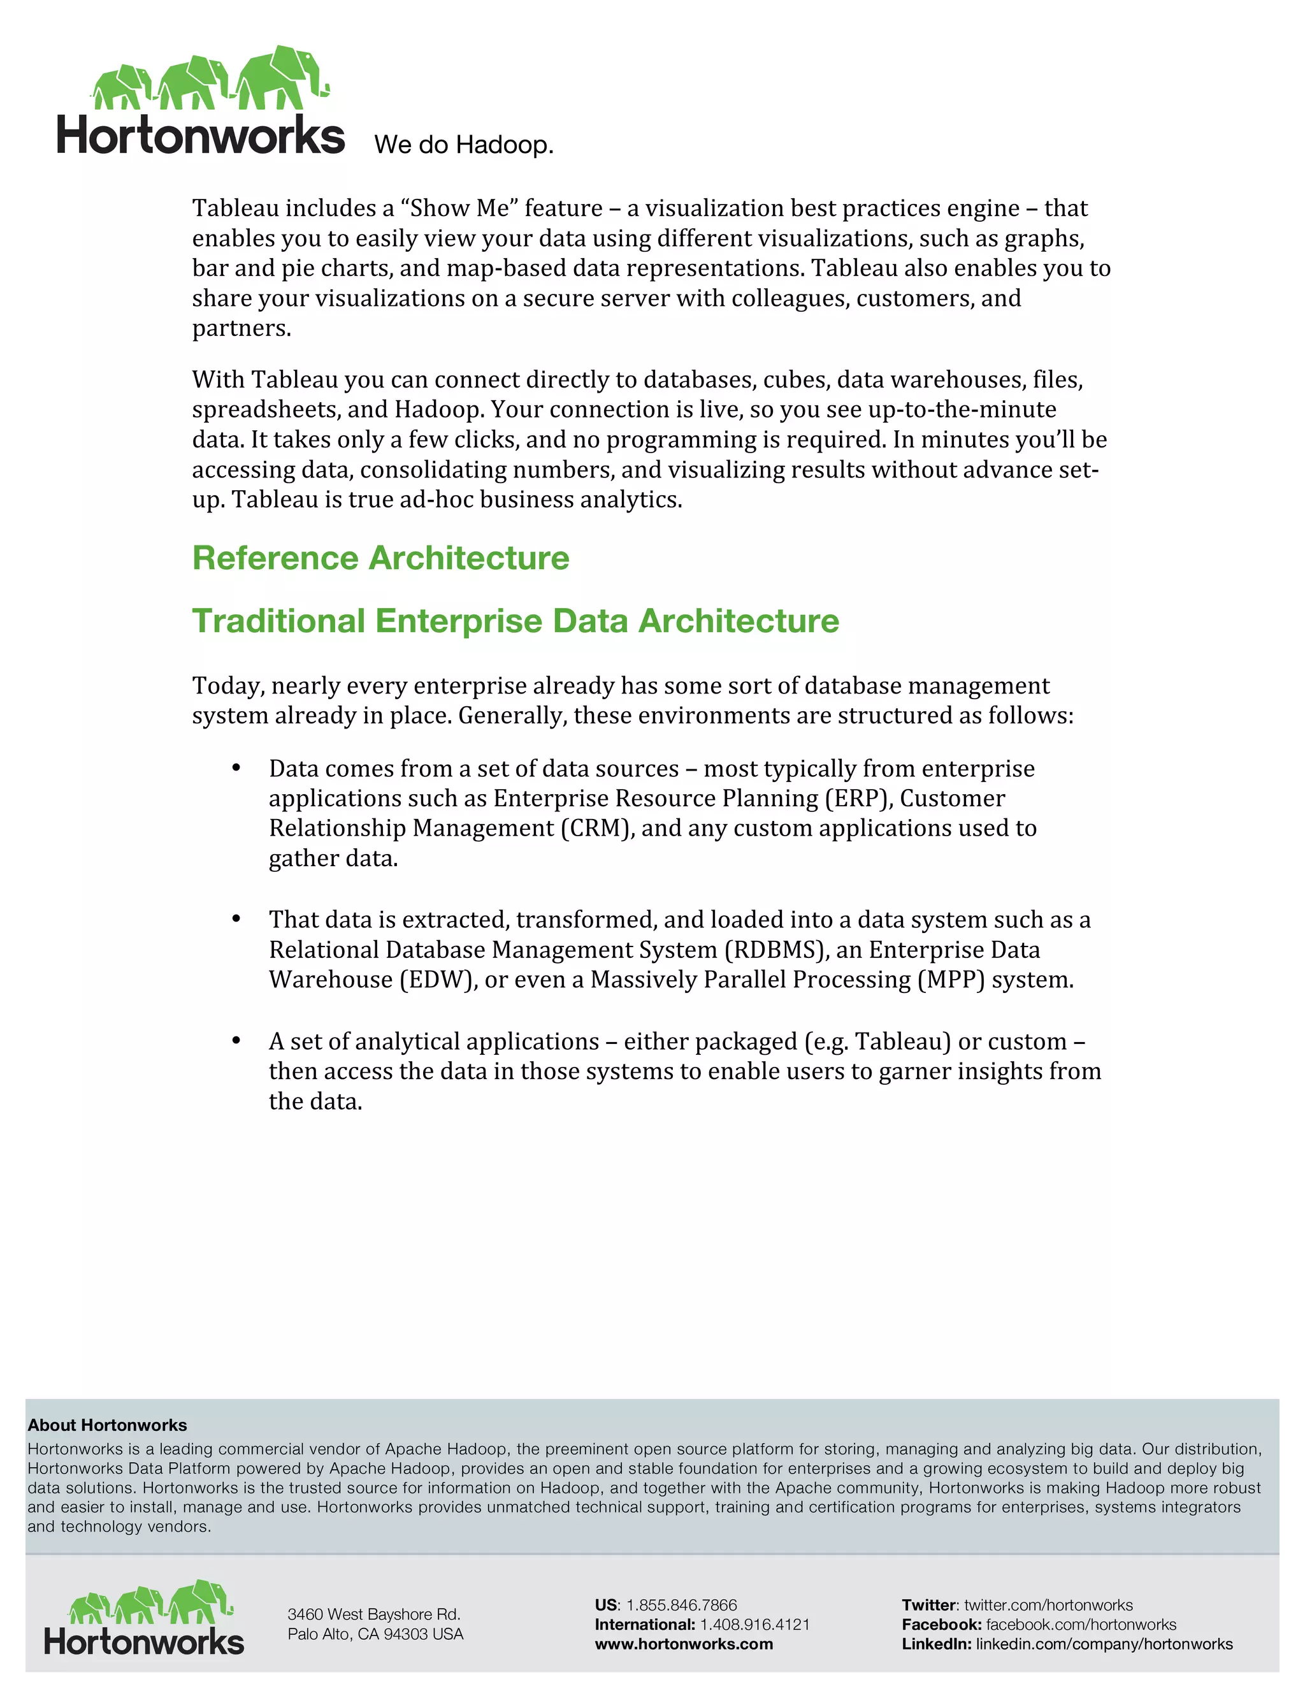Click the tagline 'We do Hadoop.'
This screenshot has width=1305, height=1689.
[463, 145]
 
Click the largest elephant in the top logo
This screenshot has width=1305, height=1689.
[283, 77]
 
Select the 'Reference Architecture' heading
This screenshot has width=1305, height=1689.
[380, 558]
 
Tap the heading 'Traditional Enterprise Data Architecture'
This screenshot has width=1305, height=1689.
[515, 621]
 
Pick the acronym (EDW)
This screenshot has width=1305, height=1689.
[438, 980]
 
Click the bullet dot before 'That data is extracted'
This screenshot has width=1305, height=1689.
[236, 918]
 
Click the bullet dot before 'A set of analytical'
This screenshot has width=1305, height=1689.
[236, 1041]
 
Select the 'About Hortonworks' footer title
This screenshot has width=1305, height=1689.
[108, 1425]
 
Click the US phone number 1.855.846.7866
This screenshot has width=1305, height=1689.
[681, 1606]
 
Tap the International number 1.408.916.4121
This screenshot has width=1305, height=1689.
[754, 1625]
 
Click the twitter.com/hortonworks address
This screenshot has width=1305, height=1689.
[1048, 1606]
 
